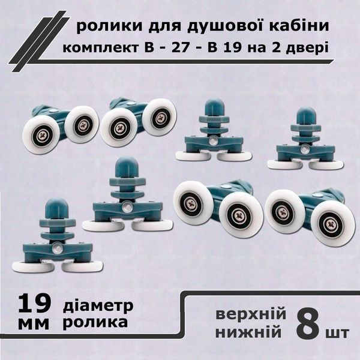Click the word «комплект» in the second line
pos(100,49)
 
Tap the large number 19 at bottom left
pos(34,304)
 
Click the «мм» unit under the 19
pos(34,324)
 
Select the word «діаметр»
pos(98,306)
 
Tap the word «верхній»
pos(251,314)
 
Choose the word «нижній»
pos(248,332)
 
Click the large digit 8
pos(308,324)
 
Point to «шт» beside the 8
pos(337,332)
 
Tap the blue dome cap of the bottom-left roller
pos(57,208)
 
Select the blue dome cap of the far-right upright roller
pos(306,116)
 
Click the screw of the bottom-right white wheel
pos(330,224)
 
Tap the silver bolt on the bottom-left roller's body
pos(56,248)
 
